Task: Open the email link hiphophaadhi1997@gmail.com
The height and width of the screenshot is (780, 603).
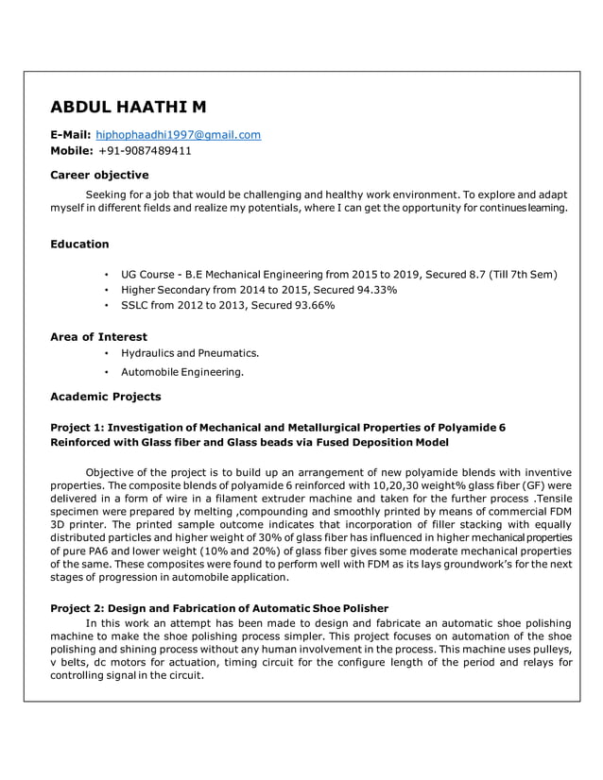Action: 179,135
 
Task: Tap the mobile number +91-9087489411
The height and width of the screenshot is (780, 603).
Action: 145,150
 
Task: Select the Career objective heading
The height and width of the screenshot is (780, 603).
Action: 99,175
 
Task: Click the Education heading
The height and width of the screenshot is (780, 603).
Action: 79,244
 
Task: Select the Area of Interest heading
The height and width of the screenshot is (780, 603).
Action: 98,336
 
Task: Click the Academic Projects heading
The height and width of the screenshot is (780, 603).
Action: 105,397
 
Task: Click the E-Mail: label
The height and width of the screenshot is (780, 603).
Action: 70,135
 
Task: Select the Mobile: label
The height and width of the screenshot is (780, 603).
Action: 72,150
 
